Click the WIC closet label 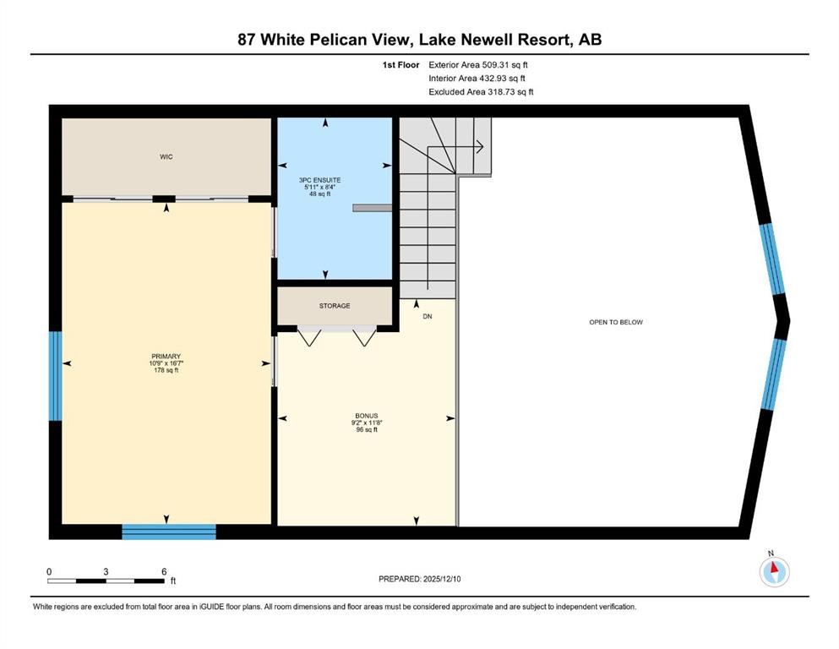pos(166,157)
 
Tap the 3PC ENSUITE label pos(325,180)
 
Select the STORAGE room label pos(335,306)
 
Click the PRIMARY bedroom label pos(166,356)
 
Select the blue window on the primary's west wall pos(55,375)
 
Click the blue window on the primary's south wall pos(169,532)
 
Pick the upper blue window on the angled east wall pos(771,258)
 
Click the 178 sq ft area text pos(166,369)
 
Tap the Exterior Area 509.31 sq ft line pos(478,64)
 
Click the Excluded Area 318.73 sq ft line pos(481,92)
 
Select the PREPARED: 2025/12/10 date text pos(419,579)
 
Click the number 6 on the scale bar pos(163,571)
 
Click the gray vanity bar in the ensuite pos(372,206)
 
